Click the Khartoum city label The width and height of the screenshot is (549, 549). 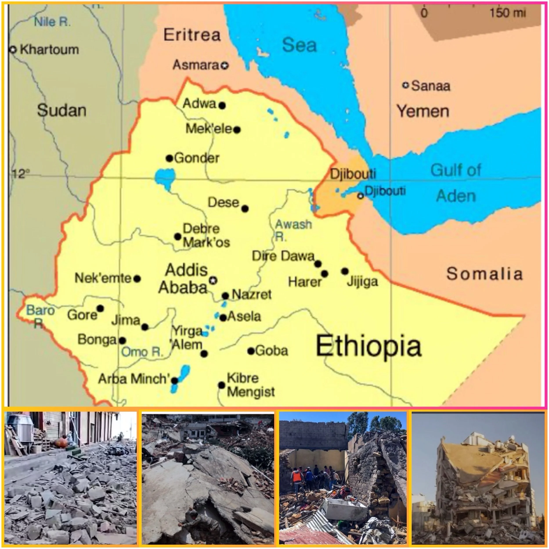point(49,50)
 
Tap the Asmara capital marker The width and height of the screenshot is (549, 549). point(225,66)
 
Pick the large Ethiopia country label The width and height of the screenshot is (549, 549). point(368,346)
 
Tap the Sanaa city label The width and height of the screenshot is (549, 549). point(430,86)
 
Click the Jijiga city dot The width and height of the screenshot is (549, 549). point(345,271)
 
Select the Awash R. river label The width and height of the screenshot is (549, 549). point(293,230)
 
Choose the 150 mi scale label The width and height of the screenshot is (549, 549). point(507,13)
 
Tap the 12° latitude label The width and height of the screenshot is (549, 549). point(21,173)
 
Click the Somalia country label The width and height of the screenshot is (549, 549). point(484,274)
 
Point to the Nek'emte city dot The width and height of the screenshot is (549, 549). point(137,279)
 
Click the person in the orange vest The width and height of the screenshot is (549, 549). point(297,478)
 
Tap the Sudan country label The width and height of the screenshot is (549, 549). point(62,110)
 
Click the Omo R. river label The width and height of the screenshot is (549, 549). point(141,352)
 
